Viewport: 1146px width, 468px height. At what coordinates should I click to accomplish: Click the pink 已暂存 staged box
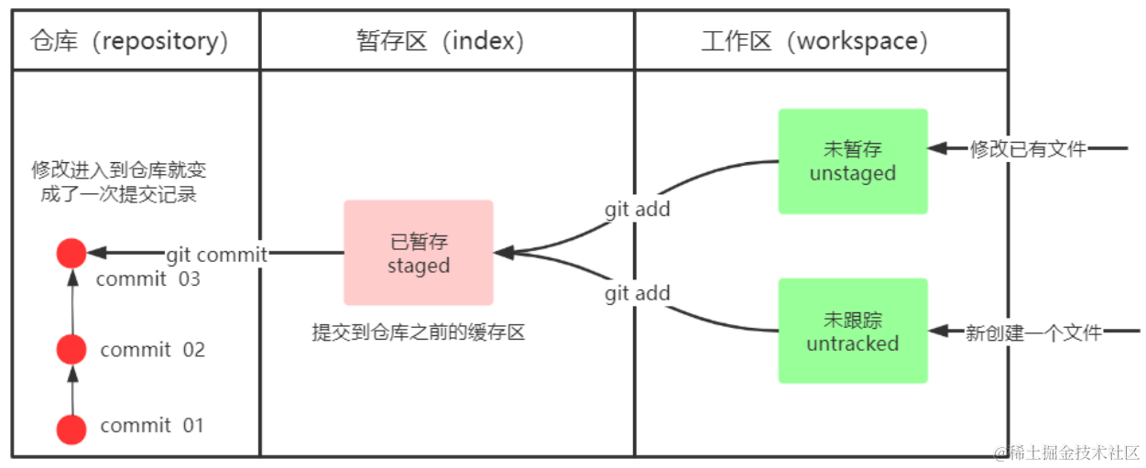[x=419, y=253]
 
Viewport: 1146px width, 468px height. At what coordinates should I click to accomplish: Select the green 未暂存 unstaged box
[x=853, y=161]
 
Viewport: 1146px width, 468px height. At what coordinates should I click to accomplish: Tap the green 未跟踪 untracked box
[x=853, y=331]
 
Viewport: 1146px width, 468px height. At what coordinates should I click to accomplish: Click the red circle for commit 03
[x=71, y=254]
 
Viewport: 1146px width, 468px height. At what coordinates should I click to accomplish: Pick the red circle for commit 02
[x=71, y=349]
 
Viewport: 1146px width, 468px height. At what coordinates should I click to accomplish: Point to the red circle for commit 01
[x=71, y=429]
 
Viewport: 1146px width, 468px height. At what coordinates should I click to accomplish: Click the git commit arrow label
[x=216, y=255]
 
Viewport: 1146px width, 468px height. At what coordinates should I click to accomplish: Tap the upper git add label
[x=638, y=209]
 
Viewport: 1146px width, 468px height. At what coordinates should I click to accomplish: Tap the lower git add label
[x=638, y=294]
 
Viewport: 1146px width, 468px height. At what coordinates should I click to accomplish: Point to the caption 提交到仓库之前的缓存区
[x=419, y=332]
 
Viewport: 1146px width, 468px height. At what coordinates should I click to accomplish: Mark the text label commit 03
[x=147, y=279]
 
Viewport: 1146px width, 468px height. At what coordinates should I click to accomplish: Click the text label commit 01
[x=152, y=425]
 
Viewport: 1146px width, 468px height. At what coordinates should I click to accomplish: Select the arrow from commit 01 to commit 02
[x=71, y=389]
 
